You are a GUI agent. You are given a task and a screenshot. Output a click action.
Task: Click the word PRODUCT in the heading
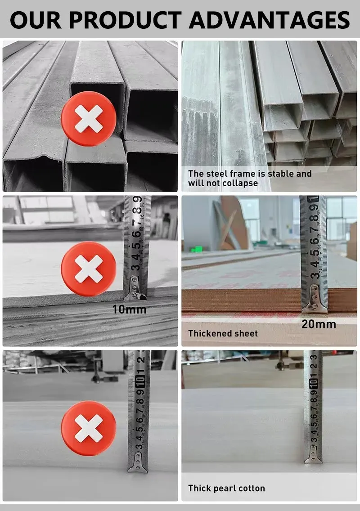(x=128, y=20)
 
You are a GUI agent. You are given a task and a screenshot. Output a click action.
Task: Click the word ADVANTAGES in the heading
(x=269, y=20)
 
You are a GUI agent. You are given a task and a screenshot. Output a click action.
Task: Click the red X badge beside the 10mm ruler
(x=89, y=269)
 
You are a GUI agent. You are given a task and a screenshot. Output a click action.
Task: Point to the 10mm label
(x=130, y=309)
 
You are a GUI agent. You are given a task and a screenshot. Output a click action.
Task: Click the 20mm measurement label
(x=319, y=324)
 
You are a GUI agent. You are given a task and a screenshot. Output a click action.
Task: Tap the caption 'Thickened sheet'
(x=223, y=333)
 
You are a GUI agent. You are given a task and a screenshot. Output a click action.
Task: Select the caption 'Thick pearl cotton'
(x=226, y=488)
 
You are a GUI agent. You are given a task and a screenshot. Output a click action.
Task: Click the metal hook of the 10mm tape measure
(x=135, y=291)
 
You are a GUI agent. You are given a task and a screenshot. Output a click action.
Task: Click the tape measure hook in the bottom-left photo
(x=138, y=463)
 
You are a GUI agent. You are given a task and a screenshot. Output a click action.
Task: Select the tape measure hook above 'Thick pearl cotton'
(x=313, y=455)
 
